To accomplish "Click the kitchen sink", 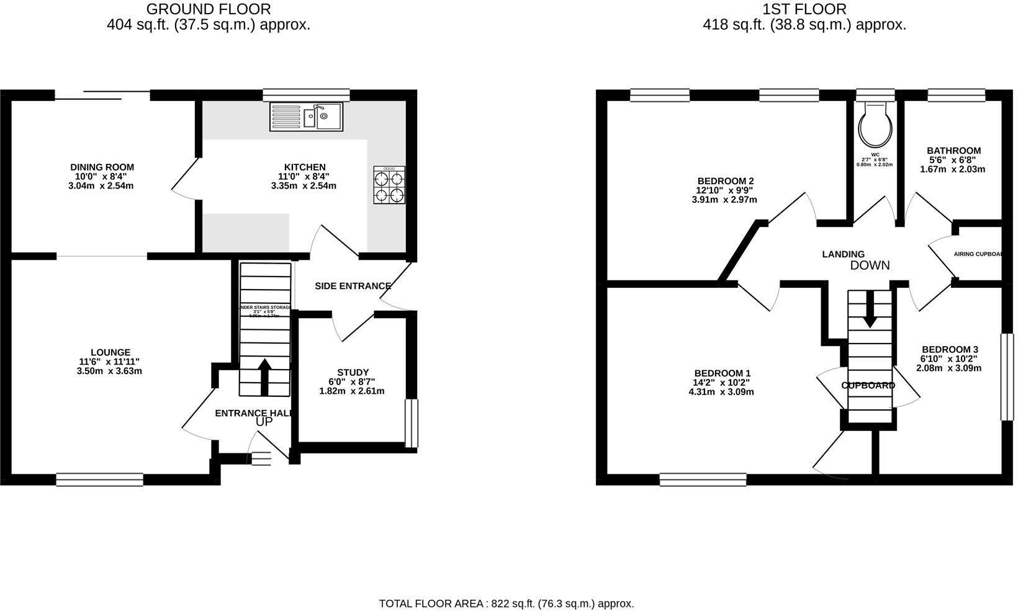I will point(306,117).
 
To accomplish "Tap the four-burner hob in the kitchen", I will point(389,185).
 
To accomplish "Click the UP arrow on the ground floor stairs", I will point(264,376).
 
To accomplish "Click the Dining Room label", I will point(102,167).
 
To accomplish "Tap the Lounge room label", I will point(110,352).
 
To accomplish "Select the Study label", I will point(353,373).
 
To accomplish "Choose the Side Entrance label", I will point(353,286).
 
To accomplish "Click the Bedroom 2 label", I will point(725,181).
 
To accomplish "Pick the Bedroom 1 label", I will point(723,373).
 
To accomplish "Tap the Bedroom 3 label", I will point(949,349).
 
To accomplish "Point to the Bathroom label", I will point(953,151).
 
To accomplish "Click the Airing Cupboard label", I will point(978,254).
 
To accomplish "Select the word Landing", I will point(843,254).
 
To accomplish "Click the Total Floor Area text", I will point(507,603).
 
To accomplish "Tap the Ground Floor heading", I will point(209,9).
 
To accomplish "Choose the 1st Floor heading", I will point(804,9).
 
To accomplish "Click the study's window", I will point(411,423).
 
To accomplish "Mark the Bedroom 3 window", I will point(1006,378).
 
